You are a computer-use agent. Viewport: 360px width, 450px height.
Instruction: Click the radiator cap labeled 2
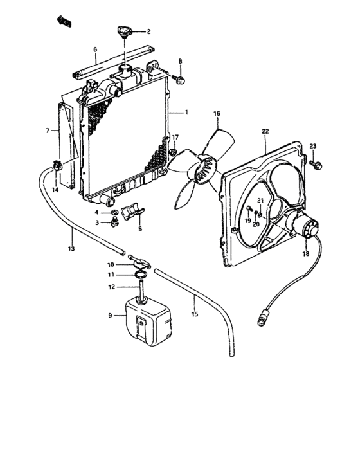pyautogui.click(x=123, y=32)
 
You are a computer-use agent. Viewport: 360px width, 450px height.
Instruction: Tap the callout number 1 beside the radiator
pyautogui.click(x=186, y=113)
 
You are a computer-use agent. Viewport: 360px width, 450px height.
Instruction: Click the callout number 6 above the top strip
pyautogui.click(x=95, y=50)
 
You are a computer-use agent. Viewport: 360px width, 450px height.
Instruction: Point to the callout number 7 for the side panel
pyautogui.click(x=47, y=130)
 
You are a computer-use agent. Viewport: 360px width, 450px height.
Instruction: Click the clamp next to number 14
pyautogui.click(x=58, y=166)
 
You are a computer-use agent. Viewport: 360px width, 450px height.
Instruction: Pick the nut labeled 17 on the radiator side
pyautogui.click(x=173, y=152)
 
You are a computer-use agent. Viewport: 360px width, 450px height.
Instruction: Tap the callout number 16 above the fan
pyautogui.click(x=217, y=114)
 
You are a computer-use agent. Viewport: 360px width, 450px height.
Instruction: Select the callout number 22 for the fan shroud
pyautogui.click(x=265, y=132)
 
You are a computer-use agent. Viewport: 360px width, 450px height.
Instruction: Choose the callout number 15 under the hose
pyautogui.click(x=195, y=314)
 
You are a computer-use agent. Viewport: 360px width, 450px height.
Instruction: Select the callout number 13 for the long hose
pyautogui.click(x=72, y=248)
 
